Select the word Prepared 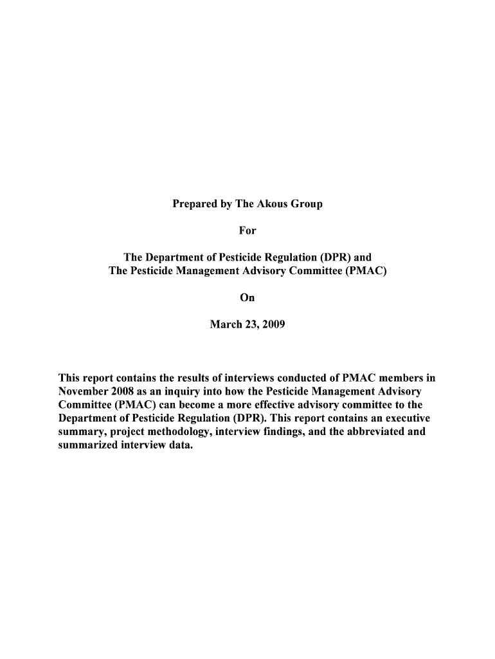coord(193,204)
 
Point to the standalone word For coord(248,230)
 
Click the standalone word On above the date coord(248,297)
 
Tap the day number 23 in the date coord(250,324)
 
